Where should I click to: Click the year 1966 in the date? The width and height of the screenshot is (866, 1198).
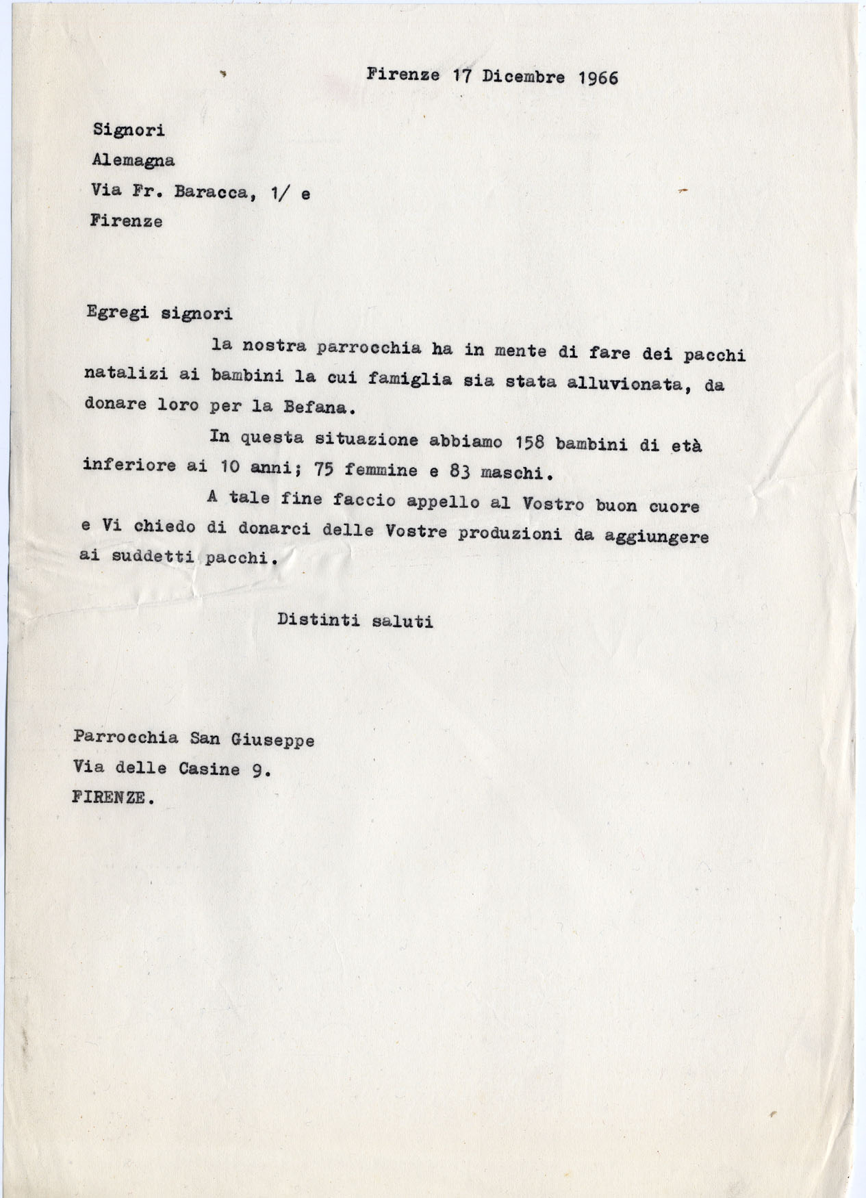pos(598,77)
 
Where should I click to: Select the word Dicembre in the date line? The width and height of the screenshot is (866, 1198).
pos(524,77)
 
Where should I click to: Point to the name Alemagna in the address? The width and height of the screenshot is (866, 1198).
pos(133,161)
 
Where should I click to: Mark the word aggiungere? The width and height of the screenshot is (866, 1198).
pos(656,537)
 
